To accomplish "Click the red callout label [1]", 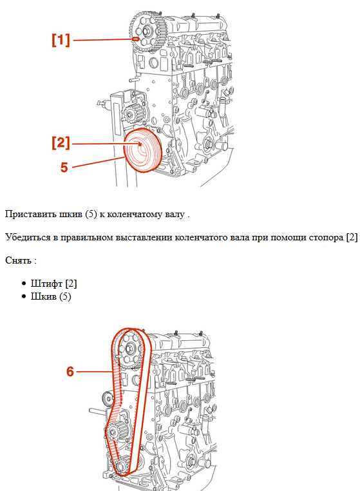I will [x=61, y=40].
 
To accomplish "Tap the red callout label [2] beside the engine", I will [x=61, y=143].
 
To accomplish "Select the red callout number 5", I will [x=64, y=167].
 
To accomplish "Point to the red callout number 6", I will [x=71, y=371].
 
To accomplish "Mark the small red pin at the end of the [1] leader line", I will [x=136, y=39].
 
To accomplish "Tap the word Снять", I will [x=18, y=260].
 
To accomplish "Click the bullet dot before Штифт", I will [x=24, y=284].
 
